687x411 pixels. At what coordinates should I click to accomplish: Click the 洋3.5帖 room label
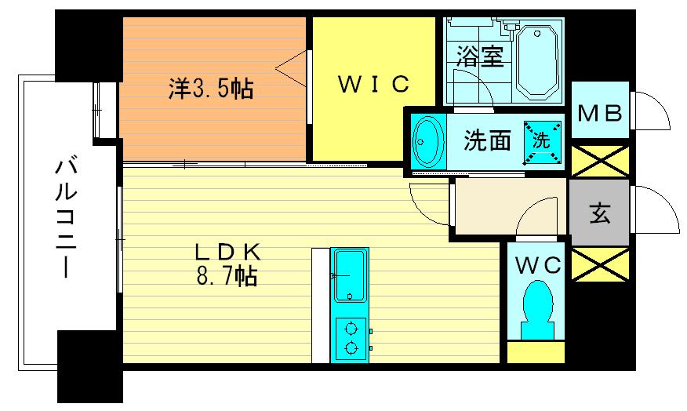pyautogui.click(x=210, y=89)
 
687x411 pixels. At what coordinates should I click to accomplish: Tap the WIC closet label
pyautogui.click(x=373, y=83)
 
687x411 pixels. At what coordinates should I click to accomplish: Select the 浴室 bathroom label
pyautogui.click(x=480, y=57)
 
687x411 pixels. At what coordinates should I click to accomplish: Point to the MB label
pyautogui.click(x=600, y=112)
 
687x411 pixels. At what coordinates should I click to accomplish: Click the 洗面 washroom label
pyautogui.click(x=488, y=140)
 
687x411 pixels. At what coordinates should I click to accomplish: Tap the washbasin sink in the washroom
pyautogui.click(x=427, y=141)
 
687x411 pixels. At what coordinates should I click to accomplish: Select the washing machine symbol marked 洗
pyautogui.click(x=543, y=140)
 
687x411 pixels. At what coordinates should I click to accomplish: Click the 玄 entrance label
pyautogui.click(x=600, y=213)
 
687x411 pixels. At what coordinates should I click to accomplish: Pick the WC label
pyautogui.click(x=538, y=265)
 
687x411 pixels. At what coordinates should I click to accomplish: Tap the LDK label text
pyautogui.click(x=227, y=253)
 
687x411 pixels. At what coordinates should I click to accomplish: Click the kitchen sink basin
pyautogui.click(x=349, y=275)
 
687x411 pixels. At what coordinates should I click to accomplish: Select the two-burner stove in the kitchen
pyautogui.click(x=351, y=338)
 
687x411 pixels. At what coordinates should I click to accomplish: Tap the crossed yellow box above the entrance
pyautogui.click(x=600, y=160)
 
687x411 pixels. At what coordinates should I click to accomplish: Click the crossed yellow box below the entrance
pyautogui.click(x=600, y=264)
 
